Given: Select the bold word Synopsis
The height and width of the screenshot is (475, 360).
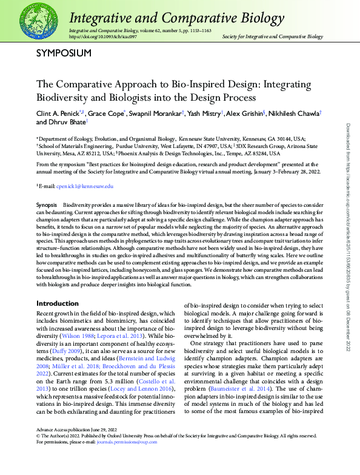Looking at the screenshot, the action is click(47, 206).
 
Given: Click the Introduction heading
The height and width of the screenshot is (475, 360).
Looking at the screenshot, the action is click(58, 303).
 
